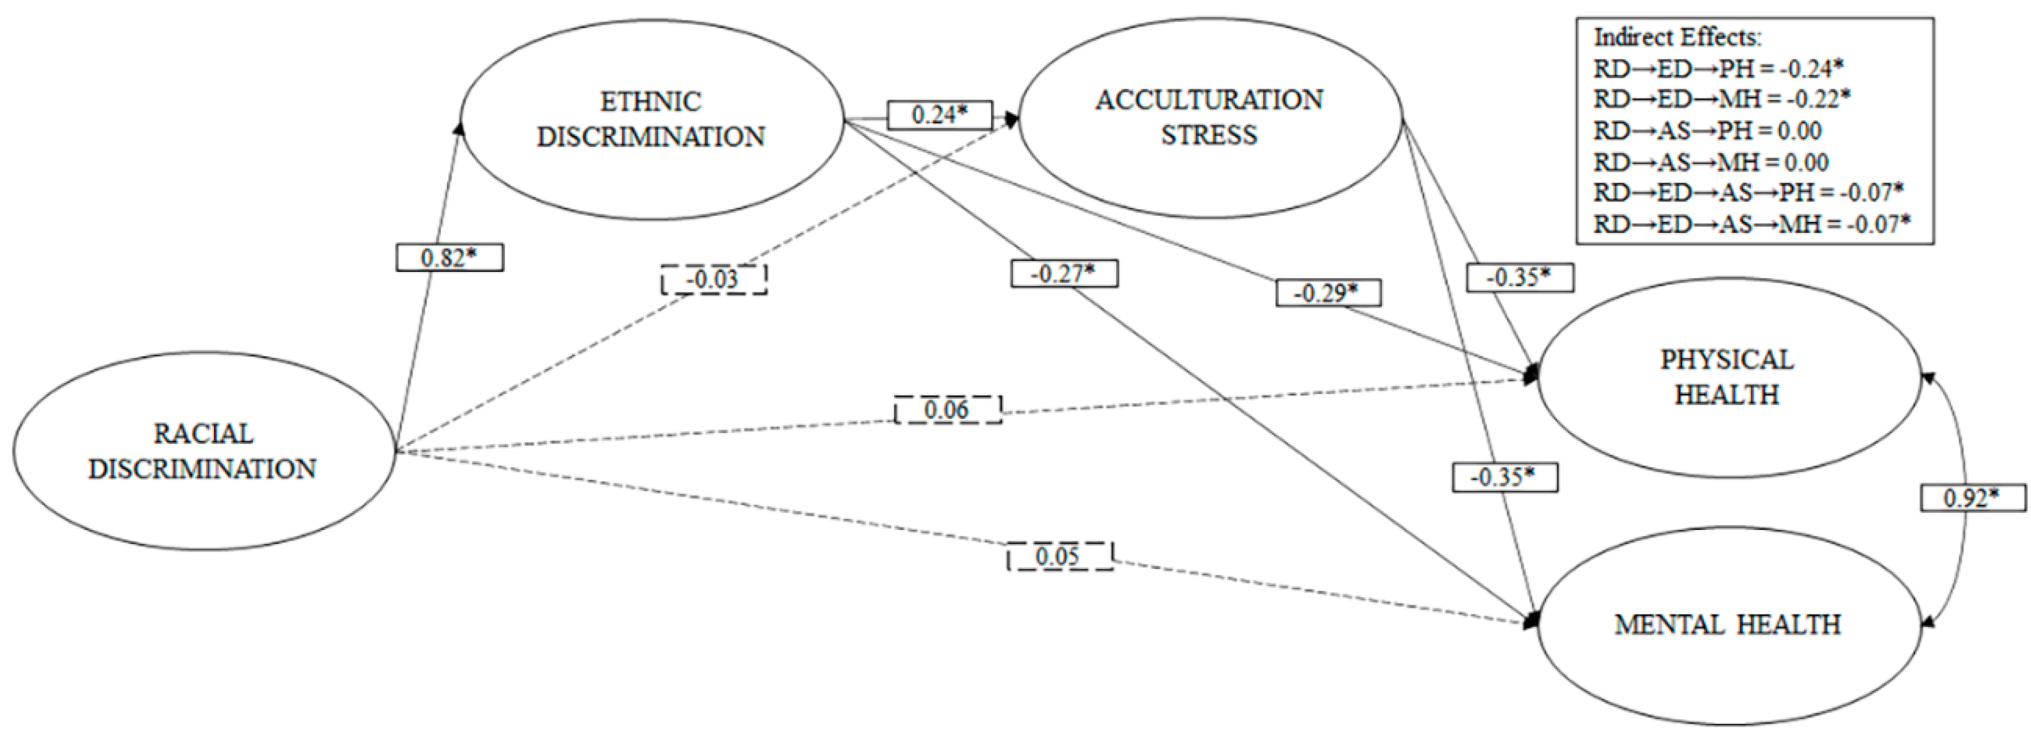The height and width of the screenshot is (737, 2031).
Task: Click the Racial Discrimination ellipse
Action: [x=203, y=451]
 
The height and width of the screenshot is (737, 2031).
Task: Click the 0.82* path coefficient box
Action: [x=449, y=258]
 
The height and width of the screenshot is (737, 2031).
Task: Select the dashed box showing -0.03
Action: [x=713, y=280]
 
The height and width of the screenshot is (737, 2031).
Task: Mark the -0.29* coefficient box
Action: [x=1329, y=293]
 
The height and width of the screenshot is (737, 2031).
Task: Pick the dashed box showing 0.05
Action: [x=1059, y=556]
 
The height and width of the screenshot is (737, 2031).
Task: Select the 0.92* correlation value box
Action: [x=1972, y=498]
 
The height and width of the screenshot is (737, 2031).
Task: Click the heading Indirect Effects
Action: [x=1678, y=38]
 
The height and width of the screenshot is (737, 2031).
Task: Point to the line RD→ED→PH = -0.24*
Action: [x=1719, y=69]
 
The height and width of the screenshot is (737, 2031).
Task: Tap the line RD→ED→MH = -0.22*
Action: [x=1722, y=99]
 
